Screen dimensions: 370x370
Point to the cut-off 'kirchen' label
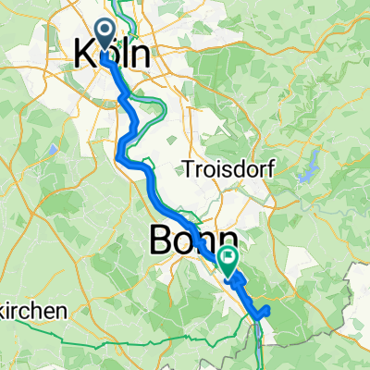click(x=33, y=313)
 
